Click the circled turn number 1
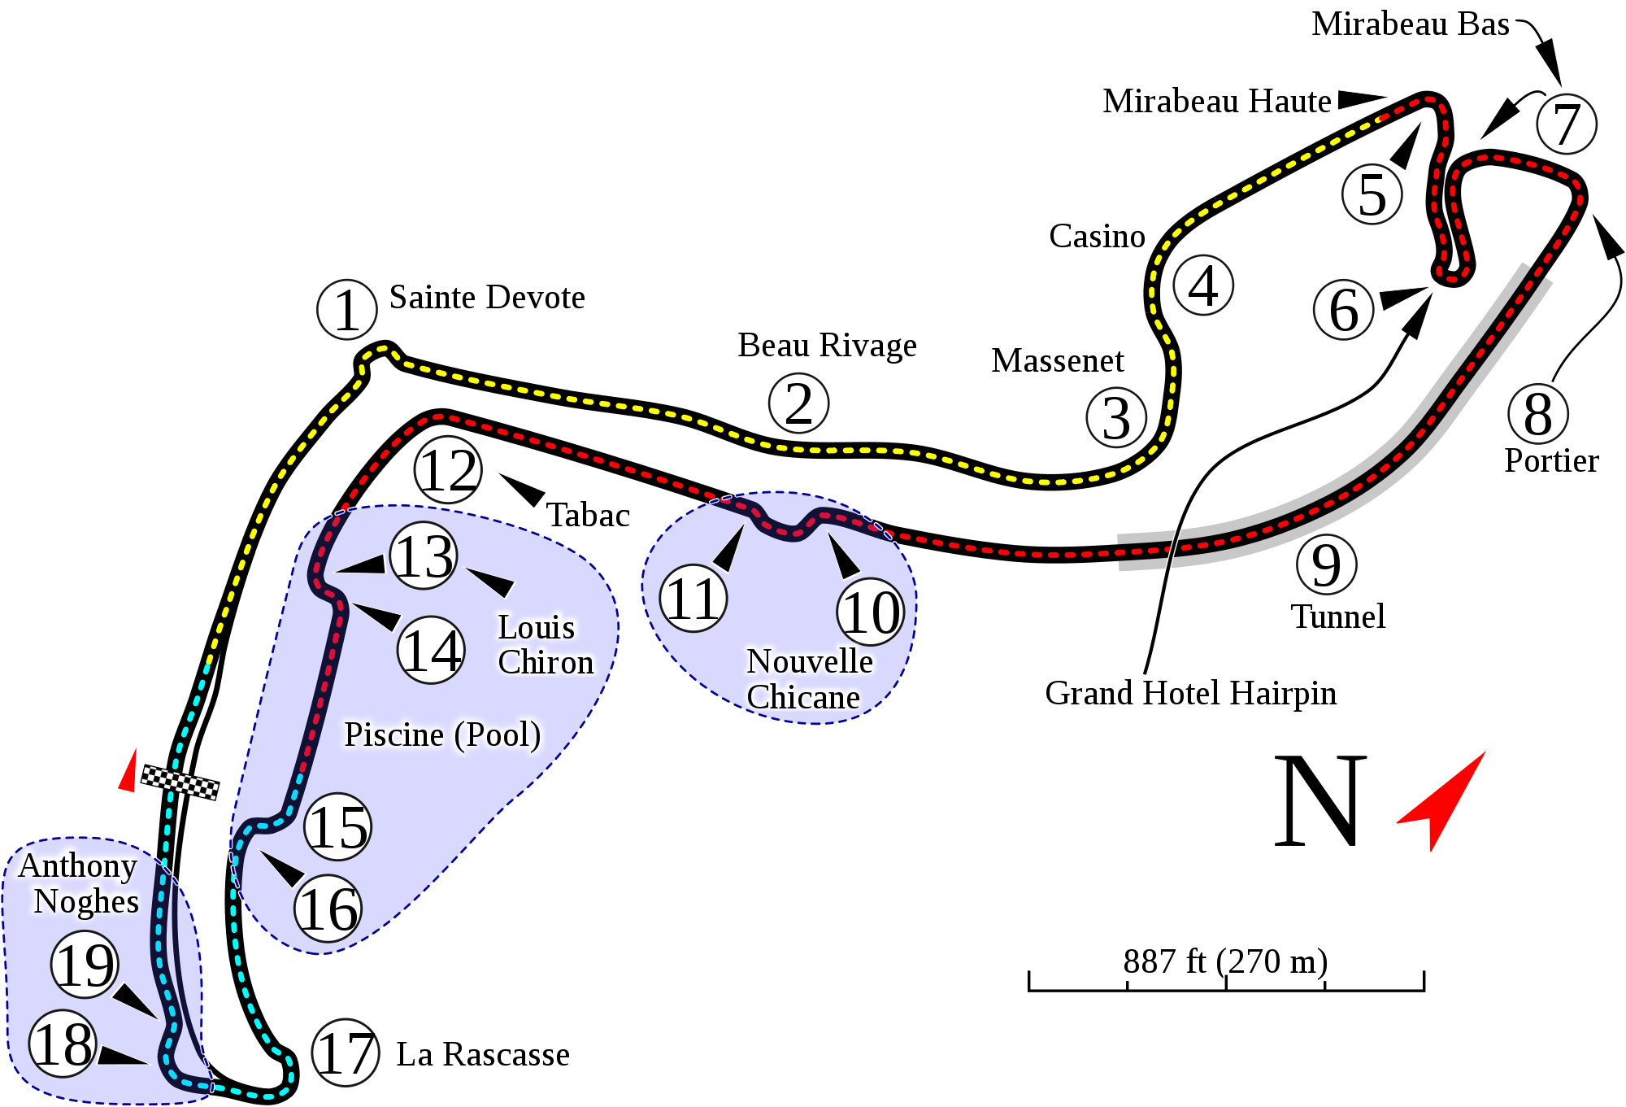pos(346,310)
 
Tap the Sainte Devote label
pos(487,297)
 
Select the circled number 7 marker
pos(1567,124)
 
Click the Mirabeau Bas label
pos(1410,24)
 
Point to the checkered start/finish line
pos(180,782)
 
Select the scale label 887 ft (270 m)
pos(1225,961)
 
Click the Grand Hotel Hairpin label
pos(1190,693)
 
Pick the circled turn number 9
pos(1326,564)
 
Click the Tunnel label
pos(1339,616)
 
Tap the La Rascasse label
pos(482,1054)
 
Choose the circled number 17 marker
pos(346,1053)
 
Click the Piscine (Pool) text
pos(442,734)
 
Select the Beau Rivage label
pos(827,346)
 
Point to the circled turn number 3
pos(1116,418)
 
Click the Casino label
pos(1096,236)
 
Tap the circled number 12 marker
pos(448,471)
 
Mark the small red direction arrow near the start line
pos(128,770)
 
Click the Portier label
pos(1551,460)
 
